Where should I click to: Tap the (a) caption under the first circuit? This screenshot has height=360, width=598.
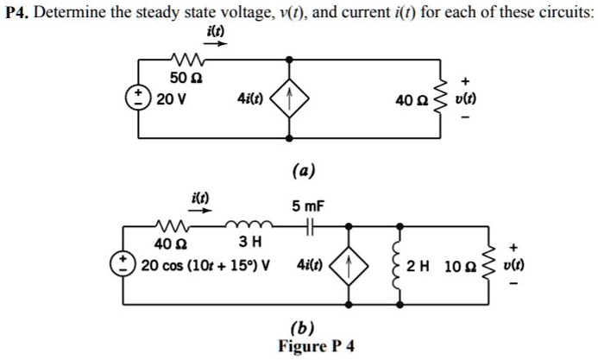303,170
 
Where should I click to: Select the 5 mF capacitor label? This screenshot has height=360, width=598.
307,207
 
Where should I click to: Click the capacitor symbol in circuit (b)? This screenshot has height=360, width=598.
308,226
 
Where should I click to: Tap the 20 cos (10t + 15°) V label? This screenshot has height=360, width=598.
205,262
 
